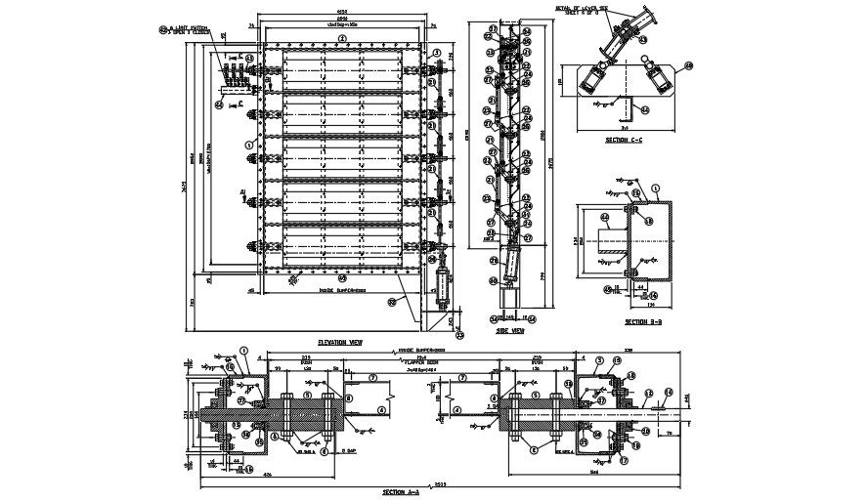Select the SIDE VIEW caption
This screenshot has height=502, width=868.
coord(508,330)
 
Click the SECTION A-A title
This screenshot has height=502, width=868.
coord(402,493)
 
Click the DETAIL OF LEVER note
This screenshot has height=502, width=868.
coord(583,9)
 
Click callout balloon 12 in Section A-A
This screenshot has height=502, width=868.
coord(646,393)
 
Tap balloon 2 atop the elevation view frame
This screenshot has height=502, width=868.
coord(341,38)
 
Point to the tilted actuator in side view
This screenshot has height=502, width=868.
coord(509,266)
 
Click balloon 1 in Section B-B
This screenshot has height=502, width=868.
coord(655,188)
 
